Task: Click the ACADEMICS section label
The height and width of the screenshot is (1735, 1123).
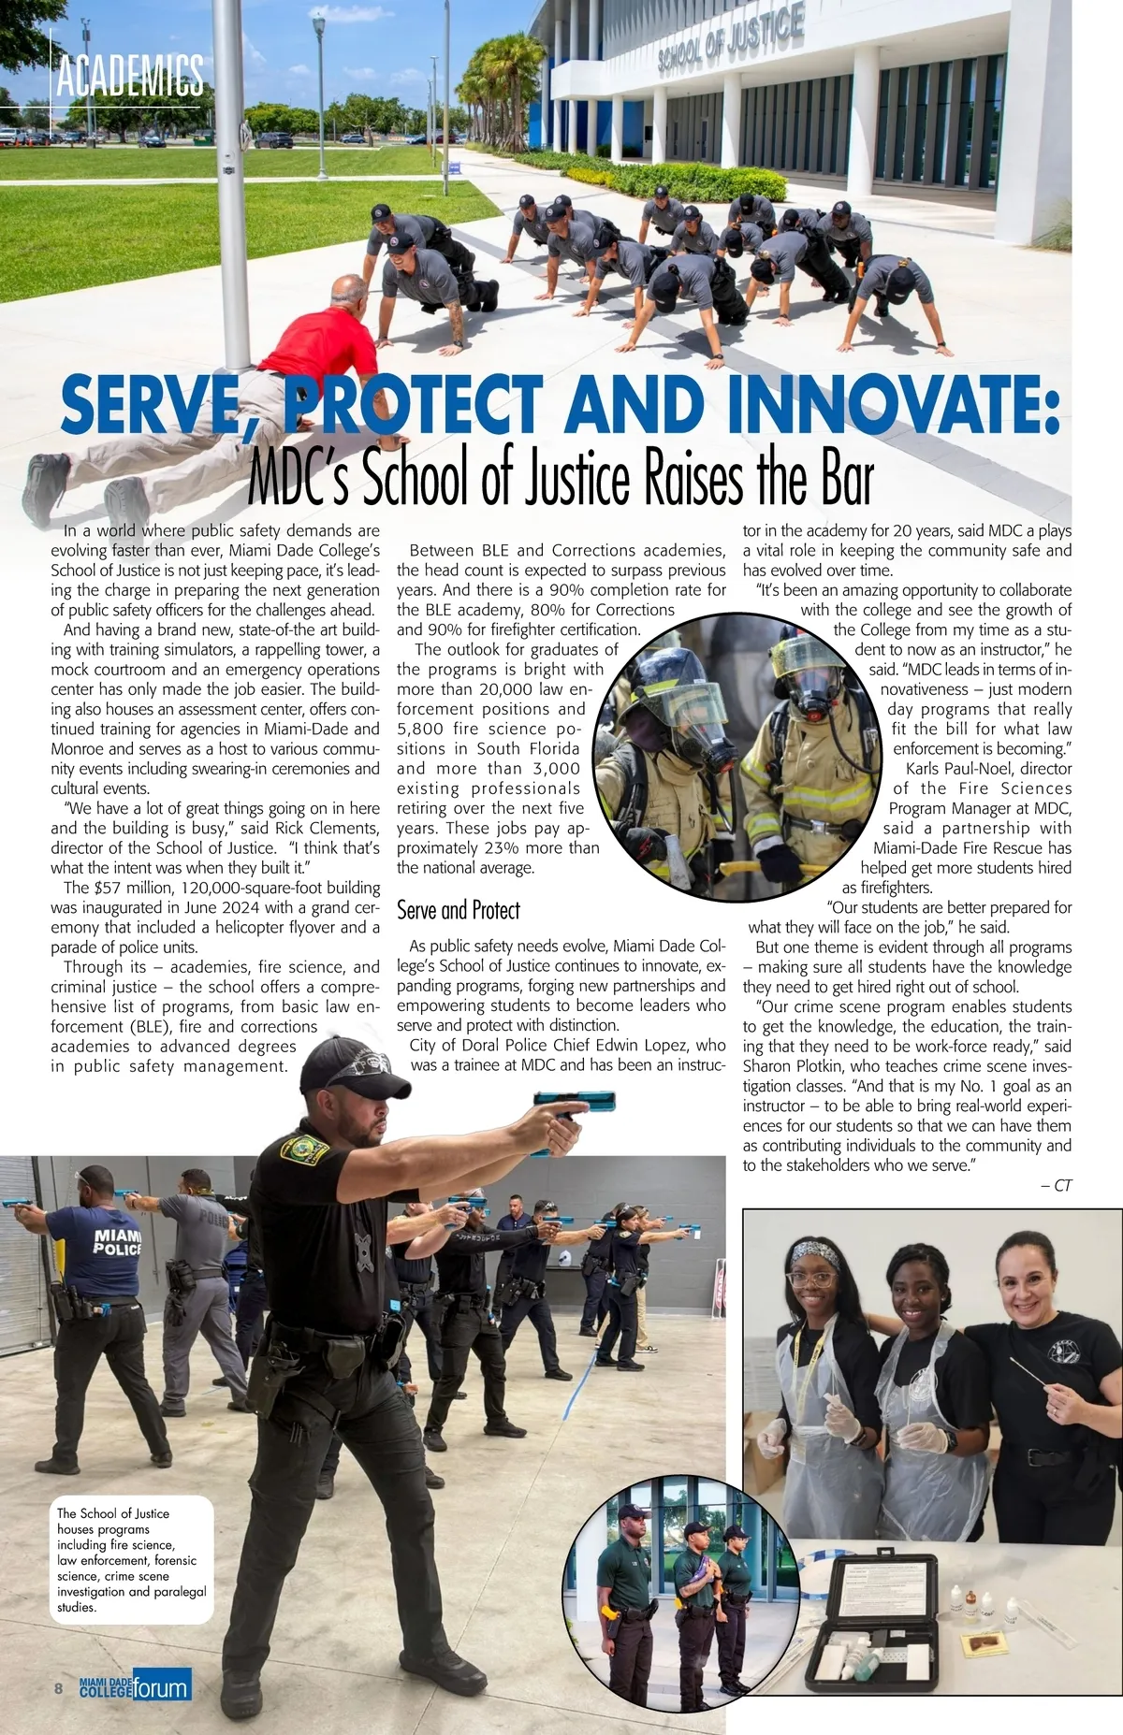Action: (129, 76)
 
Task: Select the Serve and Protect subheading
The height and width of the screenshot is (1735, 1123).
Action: (458, 910)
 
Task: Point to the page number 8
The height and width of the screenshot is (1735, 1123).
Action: (59, 1688)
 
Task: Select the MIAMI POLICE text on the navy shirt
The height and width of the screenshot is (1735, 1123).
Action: (118, 1242)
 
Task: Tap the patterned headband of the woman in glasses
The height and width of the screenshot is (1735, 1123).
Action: (814, 1251)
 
